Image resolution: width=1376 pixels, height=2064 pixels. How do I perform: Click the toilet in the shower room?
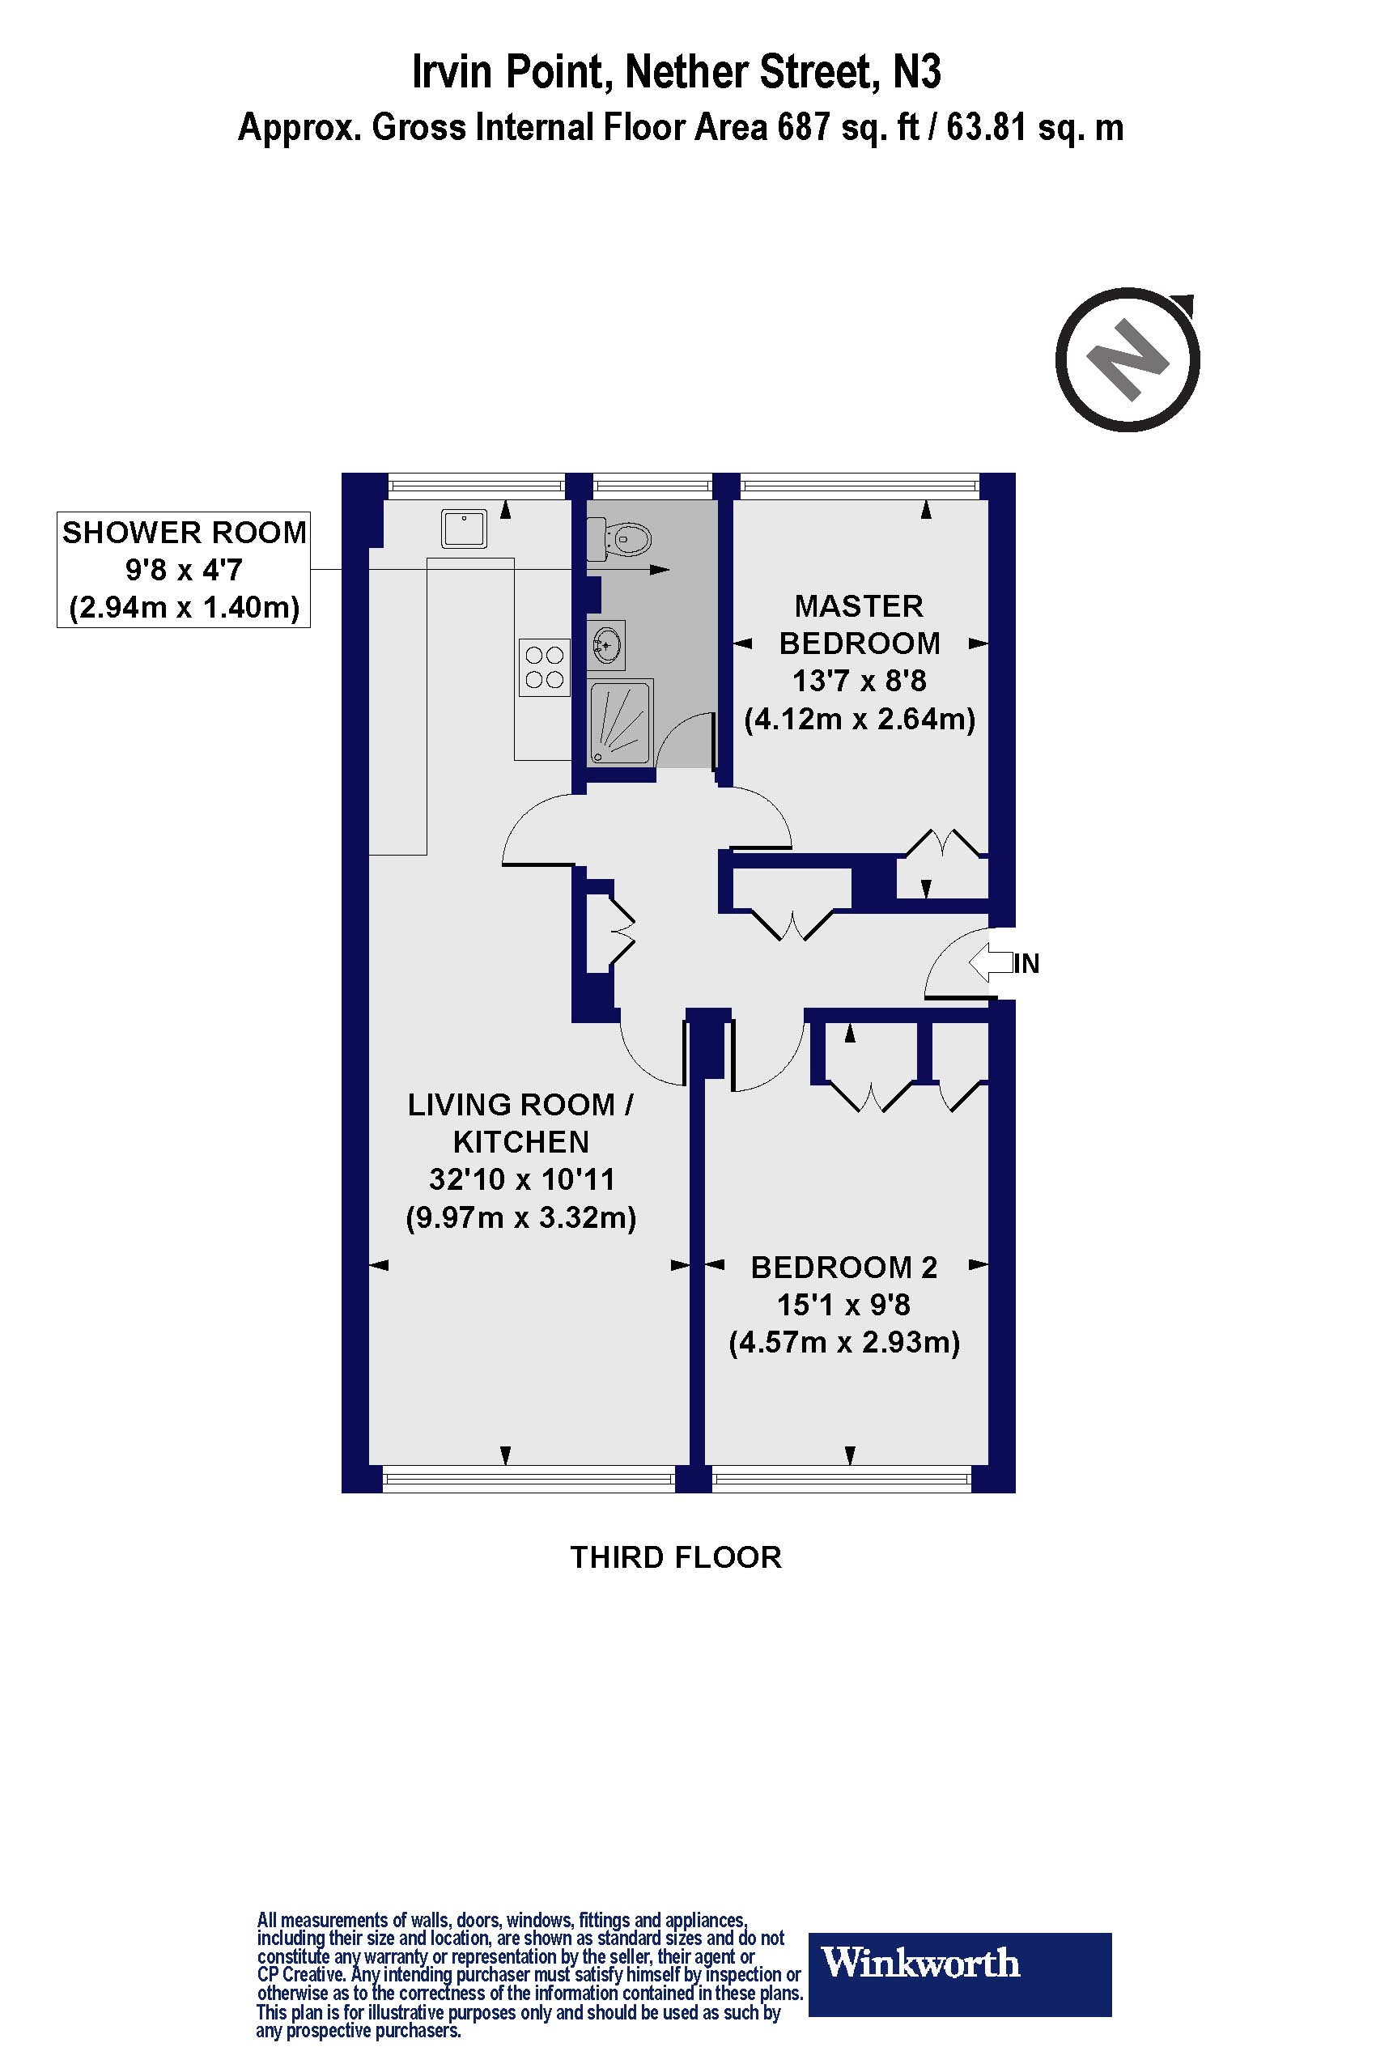point(622,539)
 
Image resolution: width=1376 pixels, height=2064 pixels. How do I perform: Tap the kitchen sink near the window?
point(463,529)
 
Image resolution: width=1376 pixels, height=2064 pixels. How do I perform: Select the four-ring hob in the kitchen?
point(544,668)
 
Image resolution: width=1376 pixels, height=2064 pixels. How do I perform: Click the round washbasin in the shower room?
point(605,646)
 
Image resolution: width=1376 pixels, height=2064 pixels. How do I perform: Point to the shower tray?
point(621,721)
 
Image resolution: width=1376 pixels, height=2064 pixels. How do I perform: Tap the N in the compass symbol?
point(1127,360)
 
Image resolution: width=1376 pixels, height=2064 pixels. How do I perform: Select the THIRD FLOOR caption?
point(676,1556)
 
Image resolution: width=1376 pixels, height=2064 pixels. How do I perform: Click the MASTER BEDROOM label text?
point(859,625)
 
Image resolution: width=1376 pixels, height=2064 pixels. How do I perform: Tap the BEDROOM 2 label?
point(844,1268)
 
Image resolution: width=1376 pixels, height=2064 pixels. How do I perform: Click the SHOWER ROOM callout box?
point(184,570)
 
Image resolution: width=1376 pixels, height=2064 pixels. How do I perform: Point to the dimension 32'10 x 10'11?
point(521,1179)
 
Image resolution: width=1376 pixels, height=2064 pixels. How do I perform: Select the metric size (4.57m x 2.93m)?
point(844,1343)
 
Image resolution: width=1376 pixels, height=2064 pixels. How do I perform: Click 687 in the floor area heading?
point(804,128)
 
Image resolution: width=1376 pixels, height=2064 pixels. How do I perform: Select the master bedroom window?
point(859,484)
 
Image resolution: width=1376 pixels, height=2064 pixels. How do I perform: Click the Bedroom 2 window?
point(842,1480)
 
